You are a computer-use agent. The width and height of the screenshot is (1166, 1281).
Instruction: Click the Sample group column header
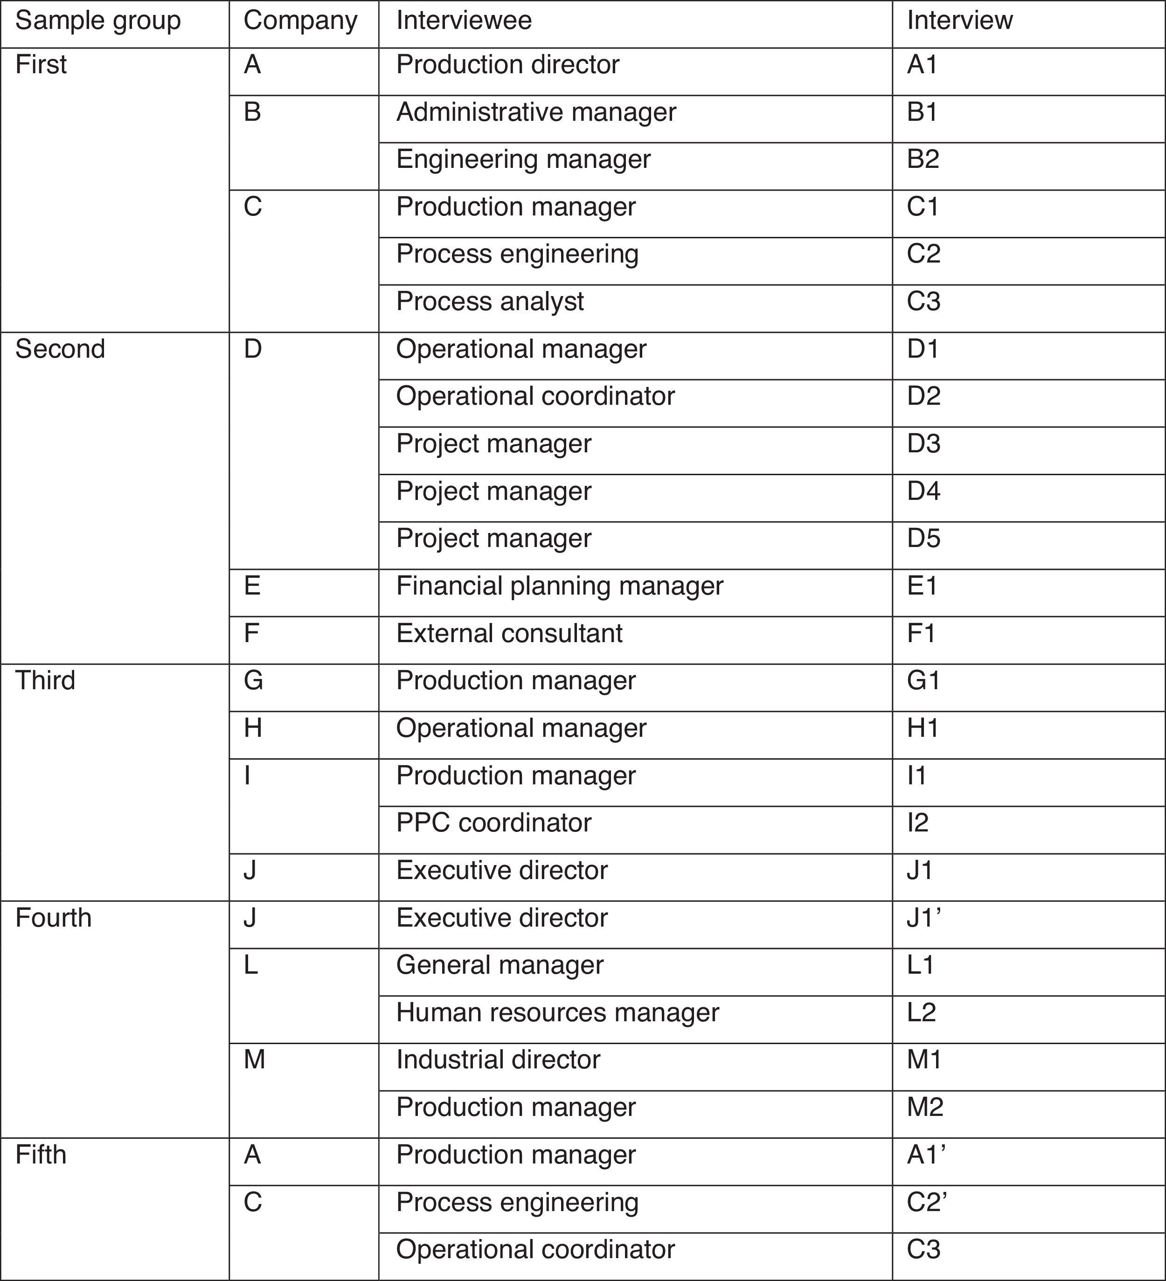[98, 21]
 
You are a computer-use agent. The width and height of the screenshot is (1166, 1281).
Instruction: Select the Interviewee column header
[464, 21]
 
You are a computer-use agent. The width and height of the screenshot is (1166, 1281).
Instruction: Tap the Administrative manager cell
[536, 112]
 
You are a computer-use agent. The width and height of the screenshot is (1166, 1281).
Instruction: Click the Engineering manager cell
[524, 159]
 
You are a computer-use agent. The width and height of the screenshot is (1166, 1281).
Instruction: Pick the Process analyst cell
[490, 302]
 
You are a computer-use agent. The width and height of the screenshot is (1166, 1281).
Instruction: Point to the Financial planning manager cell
[560, 586]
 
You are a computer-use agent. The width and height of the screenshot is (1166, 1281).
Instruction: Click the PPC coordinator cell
[494, 823]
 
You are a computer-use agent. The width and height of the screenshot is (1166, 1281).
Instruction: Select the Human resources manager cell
[557, 1012]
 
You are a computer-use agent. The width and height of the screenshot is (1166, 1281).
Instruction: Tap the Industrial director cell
[498, 1060]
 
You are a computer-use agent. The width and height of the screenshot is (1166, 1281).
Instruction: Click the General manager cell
[500, 965]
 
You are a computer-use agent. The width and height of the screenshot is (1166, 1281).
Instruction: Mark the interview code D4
[923, 491]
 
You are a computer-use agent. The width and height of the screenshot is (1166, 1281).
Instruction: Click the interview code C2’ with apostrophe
[927, 1202]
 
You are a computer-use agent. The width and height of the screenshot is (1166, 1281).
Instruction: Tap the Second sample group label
[60, 349]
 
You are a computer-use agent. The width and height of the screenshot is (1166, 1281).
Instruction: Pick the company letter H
[253, 728]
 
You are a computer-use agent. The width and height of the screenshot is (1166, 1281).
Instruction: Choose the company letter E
[252, 586]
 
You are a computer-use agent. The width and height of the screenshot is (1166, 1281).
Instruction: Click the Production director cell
[508, 65]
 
